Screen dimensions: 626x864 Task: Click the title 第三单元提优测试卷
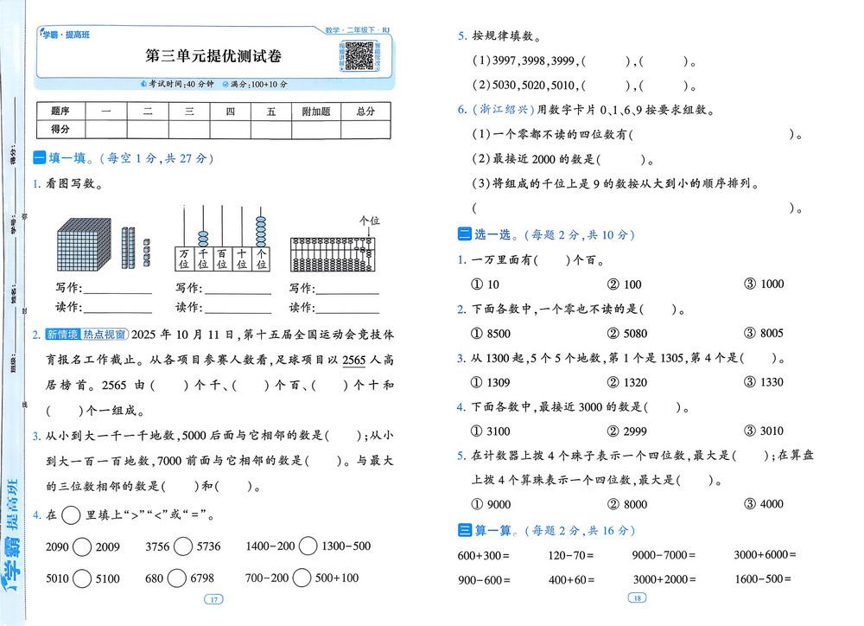point(213,57)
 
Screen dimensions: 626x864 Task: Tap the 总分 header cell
point(365,111)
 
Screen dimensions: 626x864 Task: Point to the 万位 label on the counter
point(184,259)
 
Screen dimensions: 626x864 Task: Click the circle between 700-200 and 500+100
point(302,578)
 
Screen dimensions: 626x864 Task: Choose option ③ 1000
point(765,284)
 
